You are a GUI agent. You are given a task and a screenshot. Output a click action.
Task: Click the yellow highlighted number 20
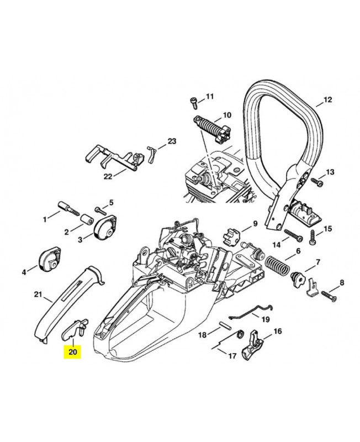[x=72, y=352]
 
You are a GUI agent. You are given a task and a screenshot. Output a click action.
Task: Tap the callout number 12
[x=327, y=99]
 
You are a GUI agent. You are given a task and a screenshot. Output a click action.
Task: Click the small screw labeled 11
[x=194, y=102]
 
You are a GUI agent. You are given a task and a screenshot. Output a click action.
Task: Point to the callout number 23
[x=172, y=141]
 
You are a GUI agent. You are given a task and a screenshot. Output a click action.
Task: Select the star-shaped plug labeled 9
[x=230, y=236]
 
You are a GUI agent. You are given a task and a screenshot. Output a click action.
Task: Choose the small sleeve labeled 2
[x=87, y=219]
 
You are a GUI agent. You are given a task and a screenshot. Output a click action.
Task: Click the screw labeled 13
[x=316, y=182]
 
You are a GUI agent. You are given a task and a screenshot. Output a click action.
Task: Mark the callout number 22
[x=108, y=176]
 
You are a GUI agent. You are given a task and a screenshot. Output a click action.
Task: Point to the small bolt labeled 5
[x=101, y=210]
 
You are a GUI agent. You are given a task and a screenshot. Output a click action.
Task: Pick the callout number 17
[x=232, y=356]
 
